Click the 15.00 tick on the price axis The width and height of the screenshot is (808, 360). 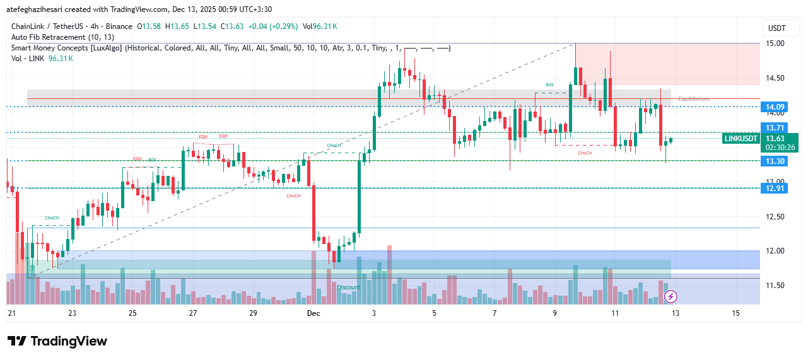(775, 44)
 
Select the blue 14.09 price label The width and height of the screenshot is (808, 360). (775, 107)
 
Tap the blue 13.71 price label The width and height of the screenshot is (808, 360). (775, 128)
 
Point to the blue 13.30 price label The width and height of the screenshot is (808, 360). (775, 161)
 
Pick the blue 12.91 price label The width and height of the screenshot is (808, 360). (775, 188)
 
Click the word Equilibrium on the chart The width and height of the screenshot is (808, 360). (694, 99)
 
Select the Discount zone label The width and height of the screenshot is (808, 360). (348, 287)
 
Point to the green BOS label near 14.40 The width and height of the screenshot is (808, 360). (550, 84)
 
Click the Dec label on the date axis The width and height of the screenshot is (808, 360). (313, 313)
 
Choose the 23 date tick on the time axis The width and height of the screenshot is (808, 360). (72, 313)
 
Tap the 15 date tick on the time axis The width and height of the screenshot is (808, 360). (735, 313)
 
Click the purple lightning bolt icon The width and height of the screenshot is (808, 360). (671, 296)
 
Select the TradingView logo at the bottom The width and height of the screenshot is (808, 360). (57, 341)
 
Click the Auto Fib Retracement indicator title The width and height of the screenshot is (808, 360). (57, 37)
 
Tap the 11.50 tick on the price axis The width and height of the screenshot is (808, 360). (775, 286)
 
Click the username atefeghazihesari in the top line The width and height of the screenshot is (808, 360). (41, 9)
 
